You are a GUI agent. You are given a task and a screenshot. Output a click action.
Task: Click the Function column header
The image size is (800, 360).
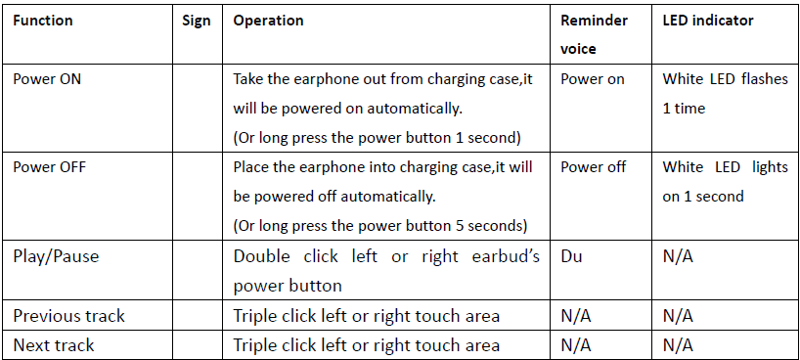[x=43, y=21]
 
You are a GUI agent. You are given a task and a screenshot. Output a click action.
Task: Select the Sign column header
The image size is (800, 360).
[x=197, y=22]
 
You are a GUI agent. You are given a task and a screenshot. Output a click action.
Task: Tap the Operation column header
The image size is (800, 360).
[x=268, y=22]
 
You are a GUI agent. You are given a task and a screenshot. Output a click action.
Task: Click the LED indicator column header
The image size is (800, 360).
[x=708, y=21]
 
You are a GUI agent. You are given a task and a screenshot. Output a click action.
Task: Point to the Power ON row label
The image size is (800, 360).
[x=47, y=79]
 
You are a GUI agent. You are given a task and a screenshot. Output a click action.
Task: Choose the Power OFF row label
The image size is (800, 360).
[x=50, y=167]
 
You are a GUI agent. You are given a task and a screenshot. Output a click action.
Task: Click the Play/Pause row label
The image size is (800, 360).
[x=56, y=256]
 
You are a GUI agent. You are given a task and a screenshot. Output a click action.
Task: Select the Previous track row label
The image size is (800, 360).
[x=68, y=316]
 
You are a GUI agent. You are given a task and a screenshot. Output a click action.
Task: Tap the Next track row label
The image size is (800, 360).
[x=54, y=345]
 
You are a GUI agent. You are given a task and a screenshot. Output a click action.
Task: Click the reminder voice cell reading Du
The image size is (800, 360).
[x=571, y=256]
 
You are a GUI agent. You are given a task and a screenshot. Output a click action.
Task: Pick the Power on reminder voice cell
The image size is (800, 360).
[x=593, y=79]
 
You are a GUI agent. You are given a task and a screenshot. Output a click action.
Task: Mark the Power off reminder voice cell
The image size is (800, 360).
[x=594, y=167]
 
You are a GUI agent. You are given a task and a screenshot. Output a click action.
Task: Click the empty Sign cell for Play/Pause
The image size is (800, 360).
[x=198, y=270]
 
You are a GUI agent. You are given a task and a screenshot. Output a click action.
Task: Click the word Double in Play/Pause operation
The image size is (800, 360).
[x=262, y=256]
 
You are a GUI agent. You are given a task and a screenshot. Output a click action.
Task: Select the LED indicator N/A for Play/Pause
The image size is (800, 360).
[x=678, y=256]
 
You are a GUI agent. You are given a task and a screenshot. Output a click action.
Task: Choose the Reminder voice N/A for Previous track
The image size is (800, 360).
[x=576, y=317]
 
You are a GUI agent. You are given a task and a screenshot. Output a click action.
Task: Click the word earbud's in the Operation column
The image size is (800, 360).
[x=506, y=256]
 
